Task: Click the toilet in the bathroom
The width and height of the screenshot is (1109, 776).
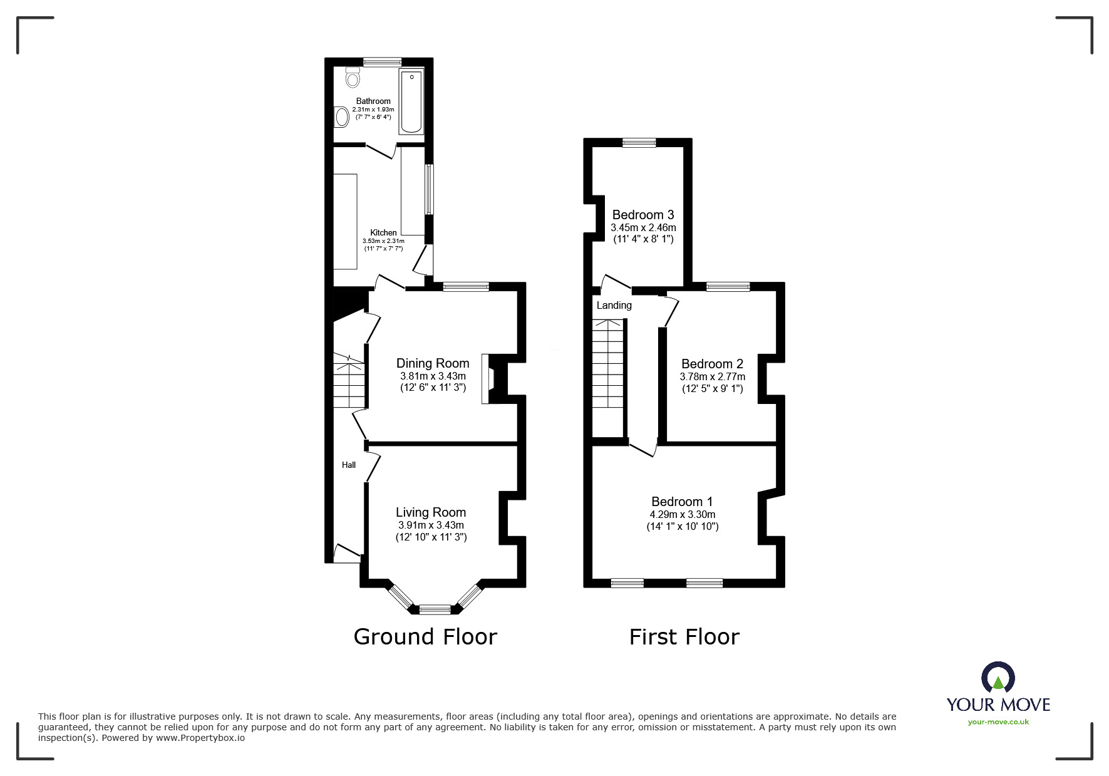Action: click(353, 78)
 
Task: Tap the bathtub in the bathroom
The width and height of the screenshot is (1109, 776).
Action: click(411, 101)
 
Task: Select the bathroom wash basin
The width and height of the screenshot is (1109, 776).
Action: click(341, 117)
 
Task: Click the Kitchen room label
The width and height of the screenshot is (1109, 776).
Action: click(383, 232)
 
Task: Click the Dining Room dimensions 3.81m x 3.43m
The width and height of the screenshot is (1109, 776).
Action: click(433, 376)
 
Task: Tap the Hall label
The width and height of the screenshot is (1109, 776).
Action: click(349, 465)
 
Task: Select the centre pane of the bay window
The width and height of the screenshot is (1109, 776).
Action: click(435, 608)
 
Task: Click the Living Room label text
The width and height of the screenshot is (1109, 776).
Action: click(431, 512)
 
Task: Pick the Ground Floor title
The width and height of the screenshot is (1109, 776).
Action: click(425, 636)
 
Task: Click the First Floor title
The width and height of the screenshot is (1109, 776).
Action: click(684, 637)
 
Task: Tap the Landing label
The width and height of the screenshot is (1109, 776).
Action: click(614, 306)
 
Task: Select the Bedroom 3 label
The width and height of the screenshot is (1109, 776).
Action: click(643, 215)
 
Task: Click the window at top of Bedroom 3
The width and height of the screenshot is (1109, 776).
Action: click(639, 143)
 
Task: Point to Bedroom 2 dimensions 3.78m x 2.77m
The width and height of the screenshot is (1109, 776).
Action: click(712, 376)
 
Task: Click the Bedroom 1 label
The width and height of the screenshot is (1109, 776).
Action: click(682, 501)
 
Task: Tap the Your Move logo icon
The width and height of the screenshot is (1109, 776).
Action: click(998, 678)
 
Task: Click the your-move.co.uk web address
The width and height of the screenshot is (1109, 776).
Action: click(998, 722)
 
